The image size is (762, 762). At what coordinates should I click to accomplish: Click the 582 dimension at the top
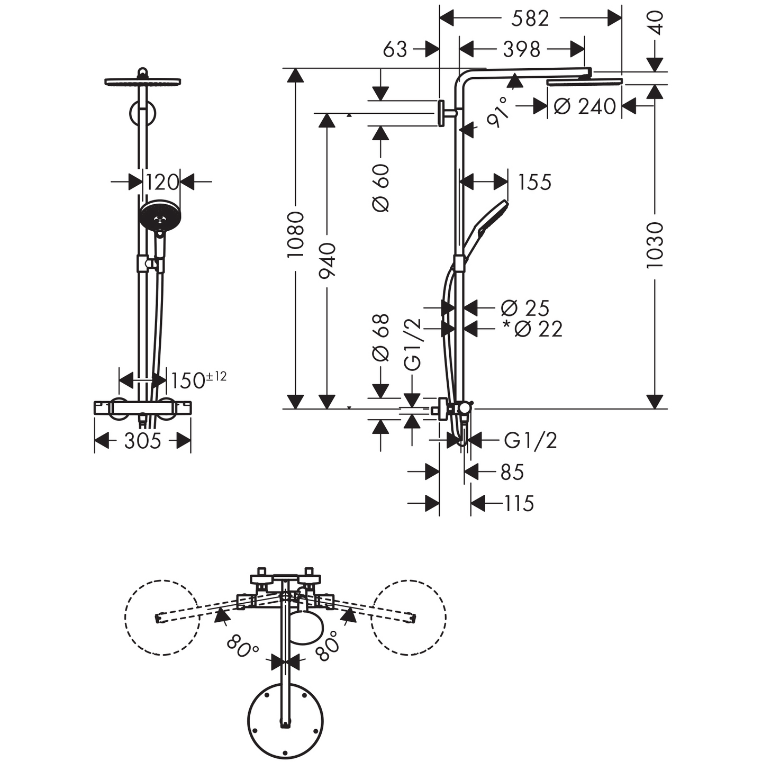pos(530,19)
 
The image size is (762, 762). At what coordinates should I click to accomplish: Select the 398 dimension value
pos(521,49)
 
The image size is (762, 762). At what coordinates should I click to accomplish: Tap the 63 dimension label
pos(395,49)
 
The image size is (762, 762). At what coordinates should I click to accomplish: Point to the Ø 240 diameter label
pos(585,106)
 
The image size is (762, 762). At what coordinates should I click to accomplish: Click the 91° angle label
pos(498,112)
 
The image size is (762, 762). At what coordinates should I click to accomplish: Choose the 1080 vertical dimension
pos(296,234)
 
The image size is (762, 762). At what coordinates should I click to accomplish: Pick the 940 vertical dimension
pos(328,260)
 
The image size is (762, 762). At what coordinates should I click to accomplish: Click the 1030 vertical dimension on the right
pos(655,245)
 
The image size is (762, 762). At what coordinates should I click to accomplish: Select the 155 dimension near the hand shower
pos(534,182)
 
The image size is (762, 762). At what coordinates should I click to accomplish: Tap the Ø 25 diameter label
pos(525,308)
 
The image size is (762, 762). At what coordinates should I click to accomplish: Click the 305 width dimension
pos(142,441)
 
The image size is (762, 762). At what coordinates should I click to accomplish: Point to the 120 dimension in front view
pos(162,182)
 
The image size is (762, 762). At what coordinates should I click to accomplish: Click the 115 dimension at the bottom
pos(519,503)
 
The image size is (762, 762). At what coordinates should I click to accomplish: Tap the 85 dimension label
pos(512,472)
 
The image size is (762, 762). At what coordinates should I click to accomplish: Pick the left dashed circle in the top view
pos(162,618)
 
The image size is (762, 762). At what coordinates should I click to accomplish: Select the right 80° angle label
pos(326,645)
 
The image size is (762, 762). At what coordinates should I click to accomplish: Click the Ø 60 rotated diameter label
pos(382,188)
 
